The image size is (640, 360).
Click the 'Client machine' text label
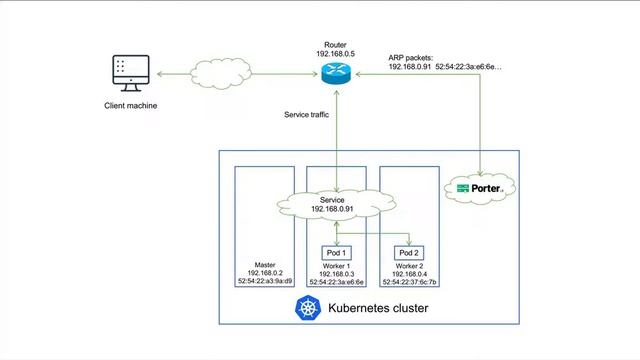tap(131, 106)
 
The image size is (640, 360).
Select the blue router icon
tap(333, 72)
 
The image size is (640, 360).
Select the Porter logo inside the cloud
tap(480, 188)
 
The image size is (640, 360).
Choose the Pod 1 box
tap(338, 252)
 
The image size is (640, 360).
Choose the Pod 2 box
tap(410, 252)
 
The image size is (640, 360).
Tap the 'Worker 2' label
tap(410, 265)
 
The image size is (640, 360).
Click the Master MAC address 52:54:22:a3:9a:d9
tap(266, 282)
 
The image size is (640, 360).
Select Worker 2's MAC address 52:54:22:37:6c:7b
tap(410, 282)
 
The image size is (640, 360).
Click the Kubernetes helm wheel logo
tap(305, 308)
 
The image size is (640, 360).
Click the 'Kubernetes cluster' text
tap(378, 309)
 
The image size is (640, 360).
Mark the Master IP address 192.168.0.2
tap(265, 273)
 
